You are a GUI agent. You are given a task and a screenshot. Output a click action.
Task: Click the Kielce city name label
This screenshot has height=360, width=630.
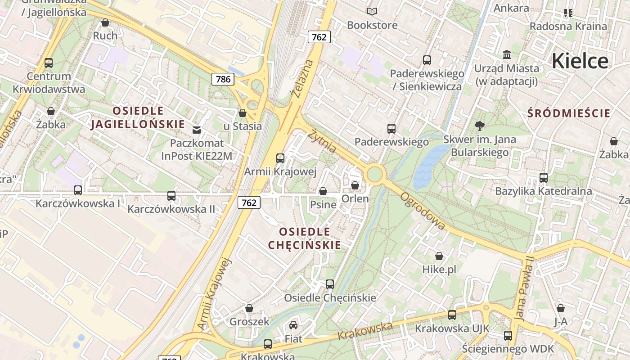[580, 61]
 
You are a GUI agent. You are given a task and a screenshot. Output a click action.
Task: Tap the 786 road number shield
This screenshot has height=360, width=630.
[223, 80]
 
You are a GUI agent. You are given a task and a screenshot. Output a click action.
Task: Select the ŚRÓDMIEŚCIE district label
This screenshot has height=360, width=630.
[569, 113]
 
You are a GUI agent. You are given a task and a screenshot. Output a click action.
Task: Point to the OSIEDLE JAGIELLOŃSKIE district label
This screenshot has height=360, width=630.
[138, 117]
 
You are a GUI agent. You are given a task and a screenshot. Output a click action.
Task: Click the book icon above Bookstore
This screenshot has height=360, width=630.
[372, 12]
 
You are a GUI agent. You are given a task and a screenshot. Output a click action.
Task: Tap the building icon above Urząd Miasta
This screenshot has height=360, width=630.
[506, 55]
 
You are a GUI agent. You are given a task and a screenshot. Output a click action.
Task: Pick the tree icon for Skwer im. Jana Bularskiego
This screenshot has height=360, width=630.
[479, 126]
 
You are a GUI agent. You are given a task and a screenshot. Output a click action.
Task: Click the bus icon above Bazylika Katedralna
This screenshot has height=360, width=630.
[543, 178]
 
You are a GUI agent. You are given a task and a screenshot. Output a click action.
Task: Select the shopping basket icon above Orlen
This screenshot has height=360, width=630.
[355, 185]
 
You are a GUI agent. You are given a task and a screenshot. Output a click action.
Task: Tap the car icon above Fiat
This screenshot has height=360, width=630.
[293, 325]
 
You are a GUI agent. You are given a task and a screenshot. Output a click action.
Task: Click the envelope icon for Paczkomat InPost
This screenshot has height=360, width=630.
[197, 130]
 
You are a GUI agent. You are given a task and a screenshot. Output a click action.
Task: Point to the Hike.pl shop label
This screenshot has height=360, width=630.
[439, 270]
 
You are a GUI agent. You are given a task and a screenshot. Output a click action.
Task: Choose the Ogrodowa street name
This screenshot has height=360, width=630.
[423, 211]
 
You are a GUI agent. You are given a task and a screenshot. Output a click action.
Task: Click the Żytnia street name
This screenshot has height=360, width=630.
[323, 140]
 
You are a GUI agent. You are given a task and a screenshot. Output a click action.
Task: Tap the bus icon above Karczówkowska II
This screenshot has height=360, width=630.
[171, 196]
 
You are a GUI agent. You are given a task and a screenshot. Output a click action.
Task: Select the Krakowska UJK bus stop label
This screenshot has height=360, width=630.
[452, 328]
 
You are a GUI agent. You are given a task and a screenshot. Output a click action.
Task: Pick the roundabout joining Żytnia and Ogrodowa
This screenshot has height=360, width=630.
[374, 174]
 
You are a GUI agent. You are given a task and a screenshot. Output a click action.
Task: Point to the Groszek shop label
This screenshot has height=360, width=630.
[249, 322]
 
